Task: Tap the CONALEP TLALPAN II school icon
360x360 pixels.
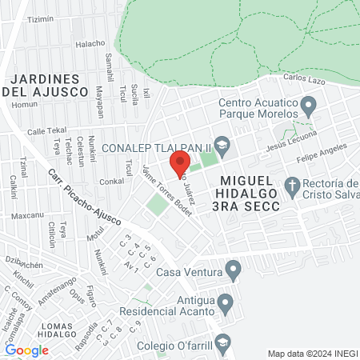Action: click(x=222, y=146)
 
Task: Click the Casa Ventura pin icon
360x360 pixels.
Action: click(x=234, y=270)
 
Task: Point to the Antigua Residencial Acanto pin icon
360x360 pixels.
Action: click(x=225, y=304)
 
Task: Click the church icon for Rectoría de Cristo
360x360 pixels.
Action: click(x=292, y=190)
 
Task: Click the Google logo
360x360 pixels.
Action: click(x=26, y=350)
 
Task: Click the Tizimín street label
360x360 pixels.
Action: click(x=42, y=19)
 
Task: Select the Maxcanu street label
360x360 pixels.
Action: click(x=27, y=215)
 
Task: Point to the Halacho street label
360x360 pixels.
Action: click(x=90, y=43)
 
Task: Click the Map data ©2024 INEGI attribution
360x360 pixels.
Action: click(x=311, y=353)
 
